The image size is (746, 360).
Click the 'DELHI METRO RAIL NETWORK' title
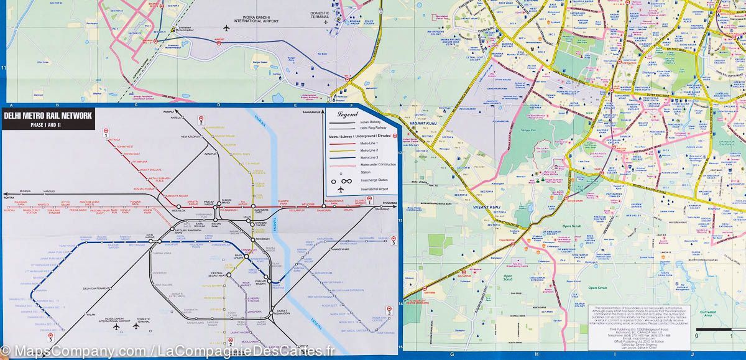48,116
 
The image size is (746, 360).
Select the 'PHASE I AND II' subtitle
47,125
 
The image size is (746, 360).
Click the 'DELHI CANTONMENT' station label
96,288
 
